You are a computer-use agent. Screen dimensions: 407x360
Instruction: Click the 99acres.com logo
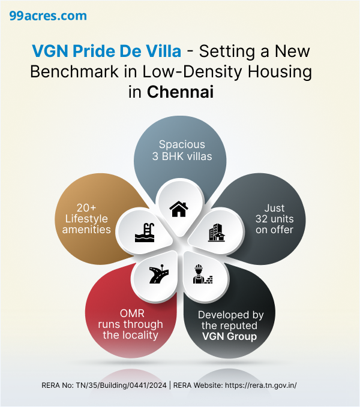click(48, 16)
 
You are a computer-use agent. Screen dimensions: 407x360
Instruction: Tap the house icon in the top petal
click(179, 209)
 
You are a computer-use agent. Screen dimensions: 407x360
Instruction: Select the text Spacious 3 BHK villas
click(182, 150)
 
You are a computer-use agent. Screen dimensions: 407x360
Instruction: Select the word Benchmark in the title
click(71, 72)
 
